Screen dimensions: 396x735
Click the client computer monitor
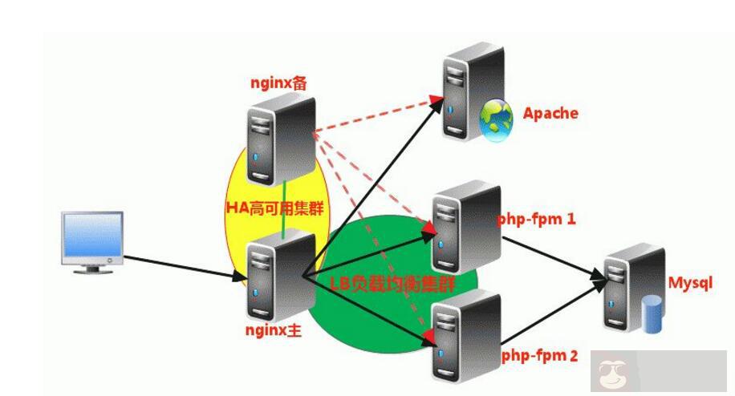coord(93,239)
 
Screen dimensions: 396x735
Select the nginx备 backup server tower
coord(281,136)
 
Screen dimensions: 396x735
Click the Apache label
coord(550,113)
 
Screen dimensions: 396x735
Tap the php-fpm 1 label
coord(536,218)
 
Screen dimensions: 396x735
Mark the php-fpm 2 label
coord(539,355)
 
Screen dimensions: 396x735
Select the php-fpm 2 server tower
coord(465,337)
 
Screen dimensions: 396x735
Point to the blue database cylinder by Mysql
coord(651,313)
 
